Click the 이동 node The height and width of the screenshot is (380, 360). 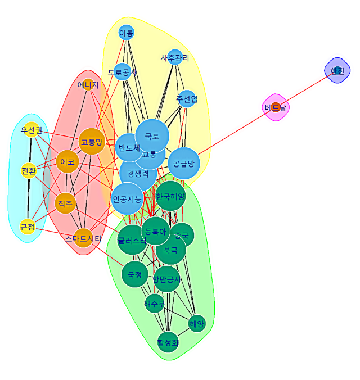coord(127,33)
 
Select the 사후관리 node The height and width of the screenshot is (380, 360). coord(175,57)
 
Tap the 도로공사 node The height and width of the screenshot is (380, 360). coord(122,72)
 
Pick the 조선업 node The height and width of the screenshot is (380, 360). coord(186,99)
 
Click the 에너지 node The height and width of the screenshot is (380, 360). coord(88,85)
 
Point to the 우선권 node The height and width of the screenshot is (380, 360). coord(31,130)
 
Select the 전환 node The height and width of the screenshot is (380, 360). coord(28,170)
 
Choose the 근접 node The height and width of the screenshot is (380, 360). coord(27,227)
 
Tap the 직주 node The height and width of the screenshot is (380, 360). coord(65,203)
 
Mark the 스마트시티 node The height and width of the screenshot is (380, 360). coord(83,238)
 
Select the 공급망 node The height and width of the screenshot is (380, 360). coord(184,164)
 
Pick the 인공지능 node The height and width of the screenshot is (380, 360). coord(127,198)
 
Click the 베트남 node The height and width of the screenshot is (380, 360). coord(276,107)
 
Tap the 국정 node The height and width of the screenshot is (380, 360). coord(136,274)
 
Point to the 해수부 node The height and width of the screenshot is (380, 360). coord(154,304)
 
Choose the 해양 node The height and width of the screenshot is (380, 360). coord(197,323)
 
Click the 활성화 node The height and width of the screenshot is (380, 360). coord(168,342)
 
